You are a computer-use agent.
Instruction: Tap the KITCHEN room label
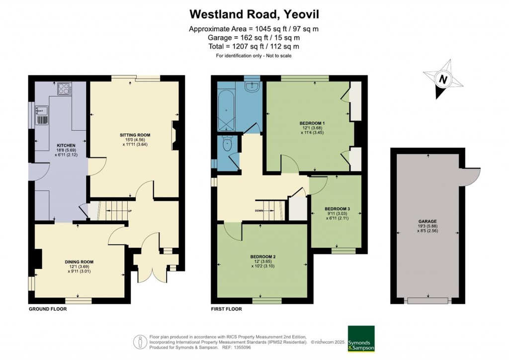tap(55, 146)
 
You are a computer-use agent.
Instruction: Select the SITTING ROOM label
tap(135, 135)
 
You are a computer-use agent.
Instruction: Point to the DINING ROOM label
tap(79, 262)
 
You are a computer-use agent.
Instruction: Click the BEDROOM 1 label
tap(312, 123)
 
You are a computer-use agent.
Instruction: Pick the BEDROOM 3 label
tap(337, 209)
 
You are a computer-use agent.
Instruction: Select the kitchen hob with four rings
tap(65, 89)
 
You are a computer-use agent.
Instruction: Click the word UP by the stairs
tap(130, 211)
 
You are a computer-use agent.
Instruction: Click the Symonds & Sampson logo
tap(361, 339)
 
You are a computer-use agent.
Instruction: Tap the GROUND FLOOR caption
tap(47, 309)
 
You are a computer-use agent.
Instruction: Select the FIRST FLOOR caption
tap(227, 309)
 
